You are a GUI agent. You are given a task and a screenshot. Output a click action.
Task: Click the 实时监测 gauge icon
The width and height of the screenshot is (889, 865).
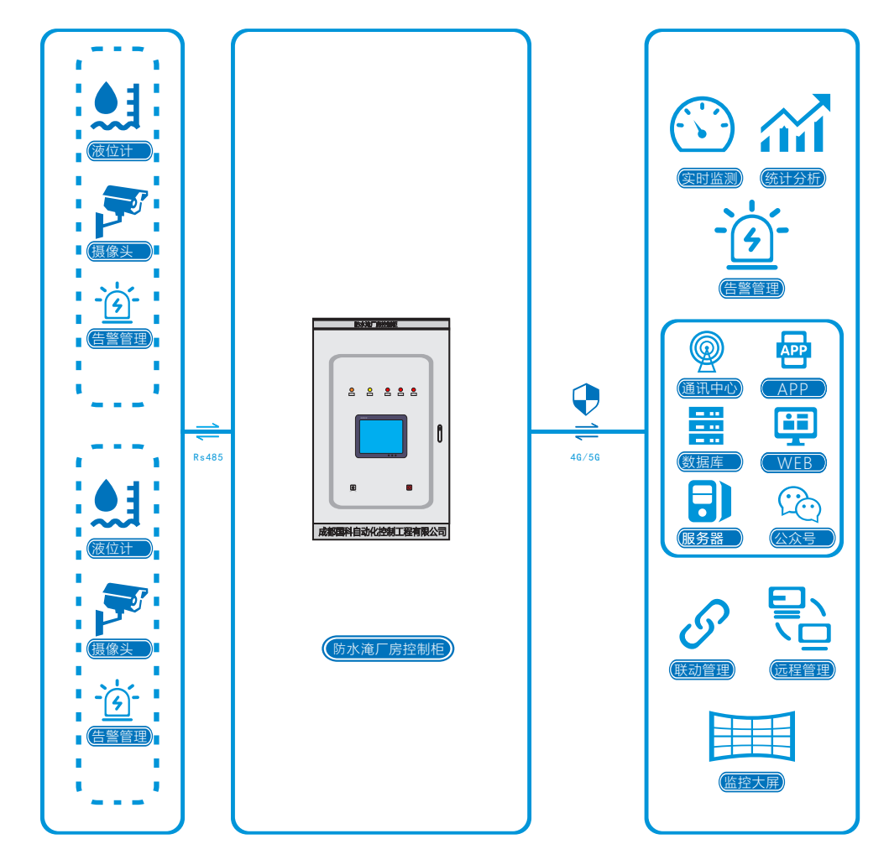(702, 126)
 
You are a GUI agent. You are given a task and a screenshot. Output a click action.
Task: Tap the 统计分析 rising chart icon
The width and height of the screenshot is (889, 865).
(794, 123)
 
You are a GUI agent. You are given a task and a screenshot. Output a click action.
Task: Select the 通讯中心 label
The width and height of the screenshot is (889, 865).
(709, 388)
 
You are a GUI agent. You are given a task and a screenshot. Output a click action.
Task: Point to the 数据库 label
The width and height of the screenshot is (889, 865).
(710, 462)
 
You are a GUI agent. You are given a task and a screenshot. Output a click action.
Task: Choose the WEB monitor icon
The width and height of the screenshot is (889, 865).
(794, 426)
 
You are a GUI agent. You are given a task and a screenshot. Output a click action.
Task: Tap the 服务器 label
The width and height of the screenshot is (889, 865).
(710, 538)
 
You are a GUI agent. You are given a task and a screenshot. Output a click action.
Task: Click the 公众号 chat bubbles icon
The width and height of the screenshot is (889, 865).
(798, 503)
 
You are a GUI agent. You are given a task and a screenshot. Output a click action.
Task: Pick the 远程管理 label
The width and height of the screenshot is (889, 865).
(803, 670)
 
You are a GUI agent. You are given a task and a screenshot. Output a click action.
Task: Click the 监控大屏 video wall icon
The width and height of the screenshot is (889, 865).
(751, 736)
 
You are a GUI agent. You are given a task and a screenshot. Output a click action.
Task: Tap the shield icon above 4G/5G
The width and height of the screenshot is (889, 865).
(586, 399)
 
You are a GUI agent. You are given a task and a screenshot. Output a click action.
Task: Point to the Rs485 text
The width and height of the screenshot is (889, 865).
(207, 458)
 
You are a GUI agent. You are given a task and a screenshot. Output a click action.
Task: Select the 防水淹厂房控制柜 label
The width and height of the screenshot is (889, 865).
(388, 649)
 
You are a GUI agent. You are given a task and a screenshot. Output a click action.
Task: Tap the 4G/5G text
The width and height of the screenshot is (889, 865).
(585, 458)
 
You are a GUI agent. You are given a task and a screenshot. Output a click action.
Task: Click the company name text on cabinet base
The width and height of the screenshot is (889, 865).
(381, 532)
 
